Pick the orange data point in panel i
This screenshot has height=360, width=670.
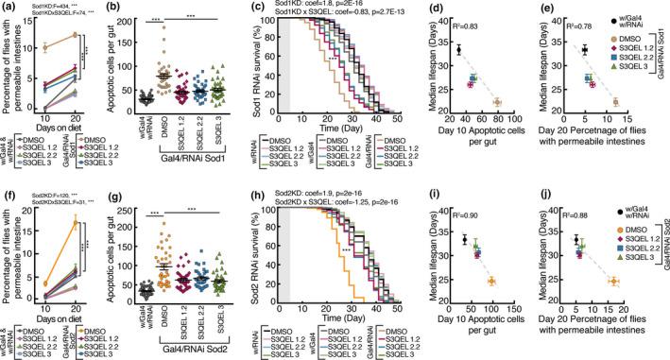(490, 282)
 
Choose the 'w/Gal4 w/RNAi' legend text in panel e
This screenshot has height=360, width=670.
(648, 24)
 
